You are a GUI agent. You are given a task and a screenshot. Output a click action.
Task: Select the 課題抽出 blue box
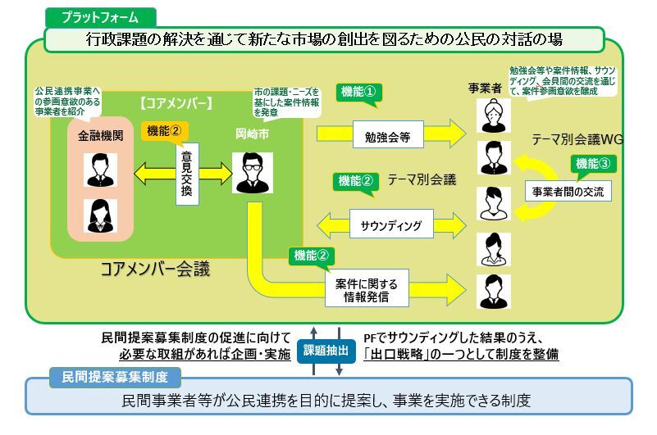coord(325,350)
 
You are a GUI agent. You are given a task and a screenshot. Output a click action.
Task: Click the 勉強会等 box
coord(388,135)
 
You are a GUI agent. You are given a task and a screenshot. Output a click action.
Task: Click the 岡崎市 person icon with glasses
coord(253,172)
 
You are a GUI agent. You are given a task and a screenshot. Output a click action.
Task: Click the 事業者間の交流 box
coord(568,193)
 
